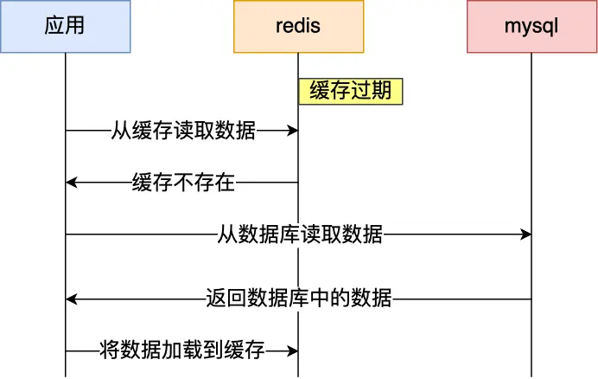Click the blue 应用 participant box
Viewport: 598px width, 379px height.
(x=65, y=26)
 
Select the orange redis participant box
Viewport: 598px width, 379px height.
(x=298, y=26)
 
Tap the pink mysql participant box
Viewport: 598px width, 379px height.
(x=531, y=26)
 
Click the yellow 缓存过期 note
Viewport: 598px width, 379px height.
(x=351, y=92)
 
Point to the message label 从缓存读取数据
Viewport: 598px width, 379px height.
(x=182, y=131)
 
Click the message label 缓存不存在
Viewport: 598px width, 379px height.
(x=182, y=183)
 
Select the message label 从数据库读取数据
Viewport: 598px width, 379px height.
(x=299, y=234)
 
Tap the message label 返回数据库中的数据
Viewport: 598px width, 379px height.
(x=299, y=299)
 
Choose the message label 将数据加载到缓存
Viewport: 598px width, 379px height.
(x=182, y=351)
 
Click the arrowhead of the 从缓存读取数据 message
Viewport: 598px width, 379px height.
(x=293, y=131)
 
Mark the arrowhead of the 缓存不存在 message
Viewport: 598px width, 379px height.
(x=71, y=183)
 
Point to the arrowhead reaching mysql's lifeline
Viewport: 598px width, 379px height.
(x=526, y=234)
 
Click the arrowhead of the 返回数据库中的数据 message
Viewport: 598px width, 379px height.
(x=71, y=299)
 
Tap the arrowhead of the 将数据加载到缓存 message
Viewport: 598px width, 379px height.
(x=293, y=351)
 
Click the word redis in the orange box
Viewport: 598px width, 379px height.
(x=298, y=26)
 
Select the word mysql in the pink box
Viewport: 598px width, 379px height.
(x=531, y=26)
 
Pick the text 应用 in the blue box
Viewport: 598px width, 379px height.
(x=65, y=26)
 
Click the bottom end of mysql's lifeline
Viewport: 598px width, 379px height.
(x=531, y=375)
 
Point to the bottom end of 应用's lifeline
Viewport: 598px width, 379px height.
(x=65, y=375)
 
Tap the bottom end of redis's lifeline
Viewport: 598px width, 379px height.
(x=298, y=375)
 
